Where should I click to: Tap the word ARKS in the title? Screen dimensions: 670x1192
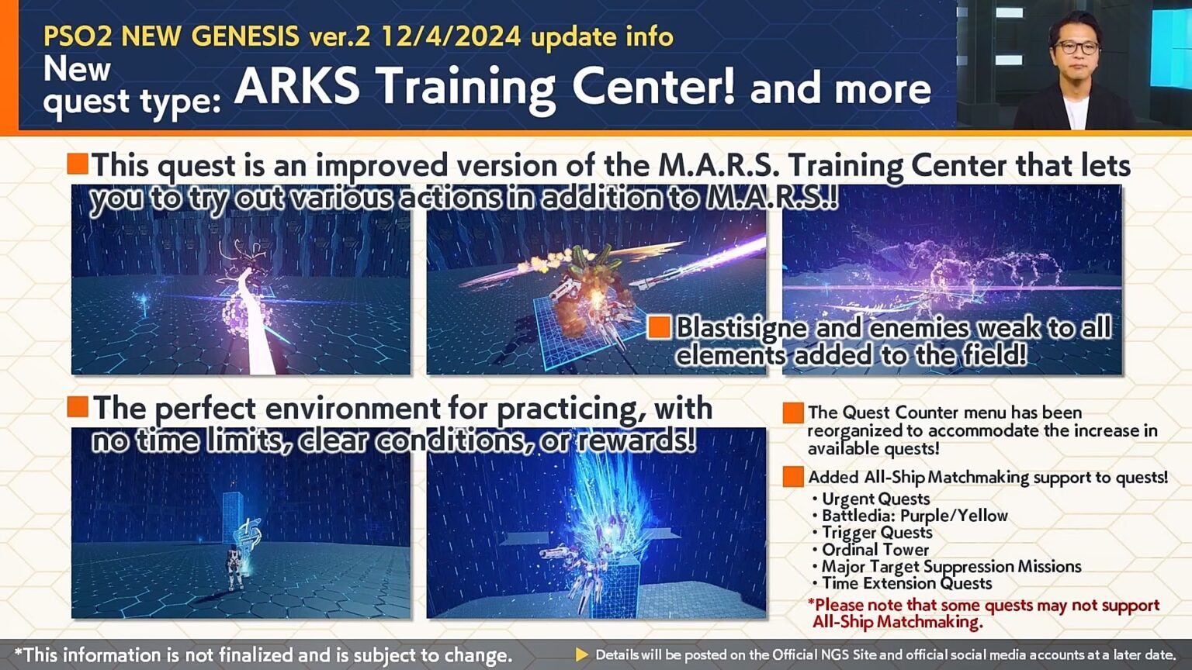coord(297,87)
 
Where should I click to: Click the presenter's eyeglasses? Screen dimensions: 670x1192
coord(1077,47)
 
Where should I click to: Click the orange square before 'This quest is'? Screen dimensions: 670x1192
coord(78,164)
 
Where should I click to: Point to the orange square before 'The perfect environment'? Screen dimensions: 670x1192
coord(78,406)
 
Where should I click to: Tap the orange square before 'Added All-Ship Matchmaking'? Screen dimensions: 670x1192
coord(793,477)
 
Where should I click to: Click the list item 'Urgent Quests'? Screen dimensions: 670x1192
coord(875,499)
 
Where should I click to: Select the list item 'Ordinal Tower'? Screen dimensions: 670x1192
coord(875,549)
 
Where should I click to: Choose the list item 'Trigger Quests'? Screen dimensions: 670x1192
coord(877,532)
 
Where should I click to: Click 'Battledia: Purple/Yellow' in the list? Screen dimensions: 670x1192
coord(914,516)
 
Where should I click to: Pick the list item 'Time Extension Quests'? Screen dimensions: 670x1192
coord(906,583)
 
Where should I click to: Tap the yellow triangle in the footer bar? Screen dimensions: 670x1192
coord(581,654)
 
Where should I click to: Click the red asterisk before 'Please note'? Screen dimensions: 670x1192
coord(811,603)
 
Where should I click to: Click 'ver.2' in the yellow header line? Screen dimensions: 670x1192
coord(340,36)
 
